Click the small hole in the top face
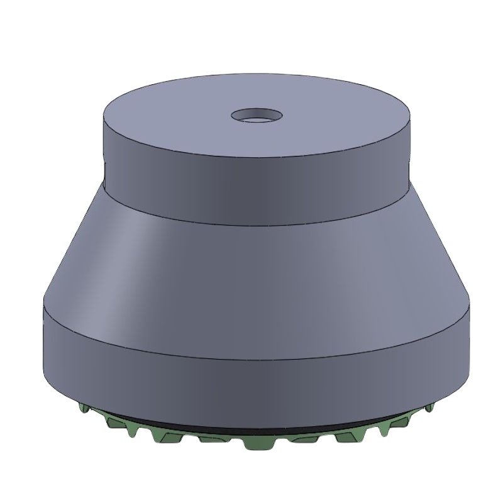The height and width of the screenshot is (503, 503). (x=256, y=116)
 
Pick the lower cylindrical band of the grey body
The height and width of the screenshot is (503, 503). (x=251, y=371)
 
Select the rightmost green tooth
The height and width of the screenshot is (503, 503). (x=429, y=408)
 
